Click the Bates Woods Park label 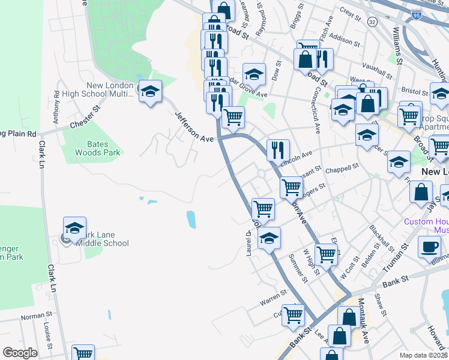[x=96, y=148]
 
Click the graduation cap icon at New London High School [x=150, y=92]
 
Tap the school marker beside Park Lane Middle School [x=75, y=228]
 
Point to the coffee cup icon [x=430, y=247]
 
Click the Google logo [x=20, y=353]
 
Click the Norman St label [x=37, y=316]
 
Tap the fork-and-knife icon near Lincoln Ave [x=277, y=149]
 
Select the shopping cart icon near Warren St [x=294, y=314]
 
